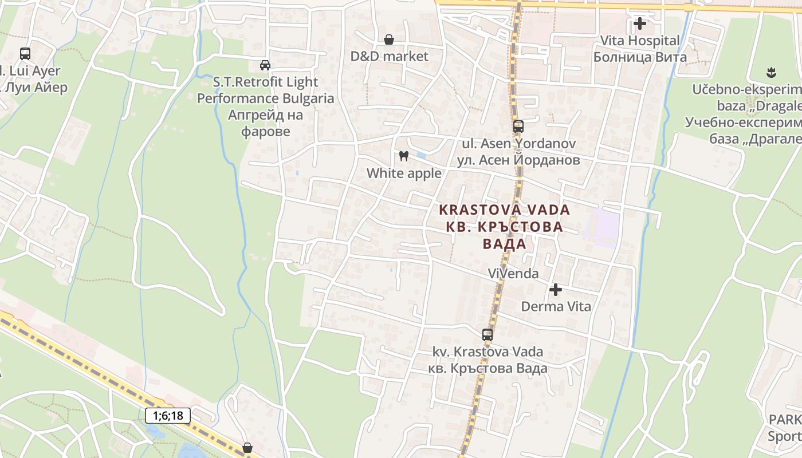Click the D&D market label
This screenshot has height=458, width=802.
pyautogui.click(x=389, y=56)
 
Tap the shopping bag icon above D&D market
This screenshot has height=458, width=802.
pyautogui.click(x=389, y=40)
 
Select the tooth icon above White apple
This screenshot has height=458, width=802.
pyautogui.click(x=404, y=156)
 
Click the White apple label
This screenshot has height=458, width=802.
pyautogui.click(x=404, y=173)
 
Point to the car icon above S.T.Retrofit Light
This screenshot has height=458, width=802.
pyautogui.click(x=265, y=65)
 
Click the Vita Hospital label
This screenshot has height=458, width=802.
pyautogui.click(x=640, y=41)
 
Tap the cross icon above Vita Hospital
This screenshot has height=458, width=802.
pyautogui.click(x=640, y=24)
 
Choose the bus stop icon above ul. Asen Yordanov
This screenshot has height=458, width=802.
pyautogui.click(x=518, y=127)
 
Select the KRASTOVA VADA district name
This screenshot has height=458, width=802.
pyautogui.click(x=505, y=210)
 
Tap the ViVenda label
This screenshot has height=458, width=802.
pyautogui.click(x=513, y=274)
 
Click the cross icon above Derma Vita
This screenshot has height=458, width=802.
pyautogui.click(x=556, y=290)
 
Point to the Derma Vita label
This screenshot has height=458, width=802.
pyautogui.click(x=556, y=306)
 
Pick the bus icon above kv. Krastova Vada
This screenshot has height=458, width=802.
pyautogui.click(x=488, y=335)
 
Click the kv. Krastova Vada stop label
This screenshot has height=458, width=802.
pyautogui.click(x=488, y=352)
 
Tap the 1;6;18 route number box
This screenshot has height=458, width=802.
pyautogui.click(x=167, y=416)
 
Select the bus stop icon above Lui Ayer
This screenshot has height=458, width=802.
pyautogui.click(x=25, y=54)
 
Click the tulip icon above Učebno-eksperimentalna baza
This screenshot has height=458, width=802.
pyautogui.click(x=771, y=73)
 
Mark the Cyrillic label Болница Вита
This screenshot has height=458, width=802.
pyautogui.click(x=640, y=57)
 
